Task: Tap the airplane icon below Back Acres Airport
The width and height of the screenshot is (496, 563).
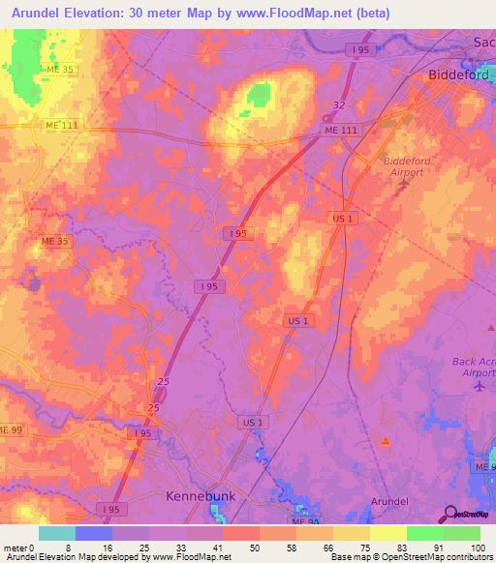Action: click(479, 386)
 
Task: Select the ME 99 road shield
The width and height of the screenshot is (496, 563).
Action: click(10, 430)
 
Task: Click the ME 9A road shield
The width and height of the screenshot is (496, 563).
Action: click(484, 467)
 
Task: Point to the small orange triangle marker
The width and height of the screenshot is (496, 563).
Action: click(386, 441)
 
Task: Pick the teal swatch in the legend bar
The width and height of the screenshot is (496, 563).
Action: click(56, 533)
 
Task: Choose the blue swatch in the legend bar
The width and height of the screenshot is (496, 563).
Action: click(94, 533)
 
